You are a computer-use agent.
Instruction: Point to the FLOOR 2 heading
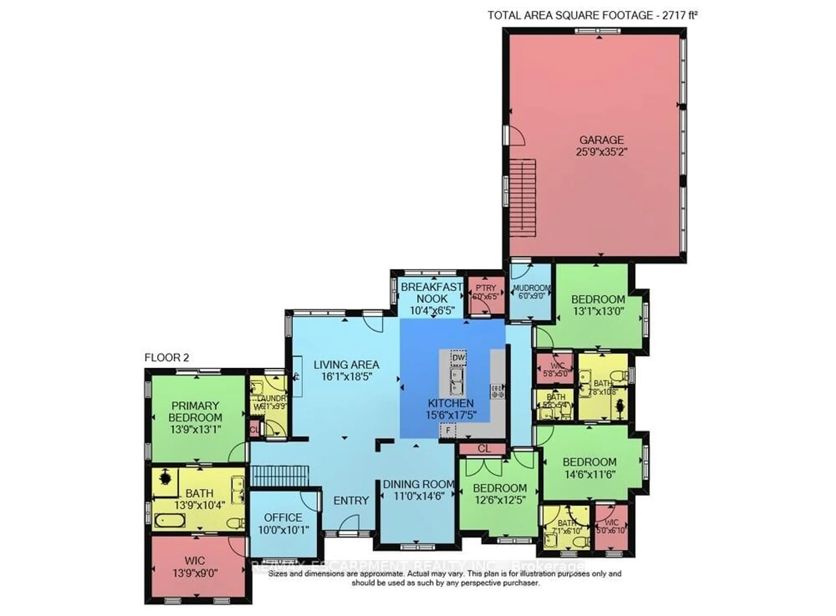click(167, 358)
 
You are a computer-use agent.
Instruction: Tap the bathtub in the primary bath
click(170, 520)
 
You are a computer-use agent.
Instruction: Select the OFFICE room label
click(283, 518)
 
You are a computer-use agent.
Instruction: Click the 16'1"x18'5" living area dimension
click(347, 377)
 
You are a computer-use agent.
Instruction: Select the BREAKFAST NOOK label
click(432, 293)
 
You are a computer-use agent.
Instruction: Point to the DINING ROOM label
click(418, 484)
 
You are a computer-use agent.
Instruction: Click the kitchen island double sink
click(456, 381)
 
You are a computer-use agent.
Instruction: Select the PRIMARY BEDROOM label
click(195, 411)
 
